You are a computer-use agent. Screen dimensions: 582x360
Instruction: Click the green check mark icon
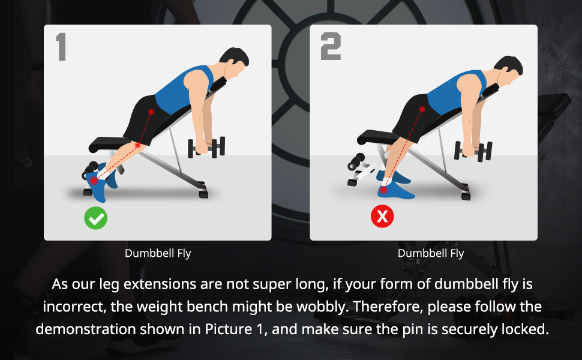click(x=96, y=218)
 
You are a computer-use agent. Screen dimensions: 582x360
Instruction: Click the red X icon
click(x=382, y=216)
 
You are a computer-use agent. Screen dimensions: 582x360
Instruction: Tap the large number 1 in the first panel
click(x=61, y=47)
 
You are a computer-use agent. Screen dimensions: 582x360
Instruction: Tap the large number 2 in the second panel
click(x=331, y=46)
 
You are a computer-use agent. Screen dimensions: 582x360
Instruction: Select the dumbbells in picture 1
click(x=206, y=148)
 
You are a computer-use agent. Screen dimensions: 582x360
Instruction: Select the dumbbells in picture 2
click(x=473, y=151)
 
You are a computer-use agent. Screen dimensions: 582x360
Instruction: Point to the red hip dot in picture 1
click(x=151, y=112)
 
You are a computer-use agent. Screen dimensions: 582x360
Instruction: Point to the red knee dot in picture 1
click(x=138, y=145)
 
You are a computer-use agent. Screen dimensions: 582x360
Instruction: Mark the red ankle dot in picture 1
click(x=94, y=181)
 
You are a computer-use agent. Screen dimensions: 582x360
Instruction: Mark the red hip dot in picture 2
click(x=422, y=109)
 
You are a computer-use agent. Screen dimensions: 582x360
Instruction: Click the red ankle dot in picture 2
click(x=384, y=190)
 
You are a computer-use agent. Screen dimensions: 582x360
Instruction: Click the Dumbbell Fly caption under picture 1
click(x=158, y=253)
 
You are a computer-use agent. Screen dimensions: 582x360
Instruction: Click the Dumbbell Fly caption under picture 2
click(x=431, y=253)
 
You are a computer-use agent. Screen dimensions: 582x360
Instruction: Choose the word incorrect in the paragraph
click(x=75, y=307)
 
